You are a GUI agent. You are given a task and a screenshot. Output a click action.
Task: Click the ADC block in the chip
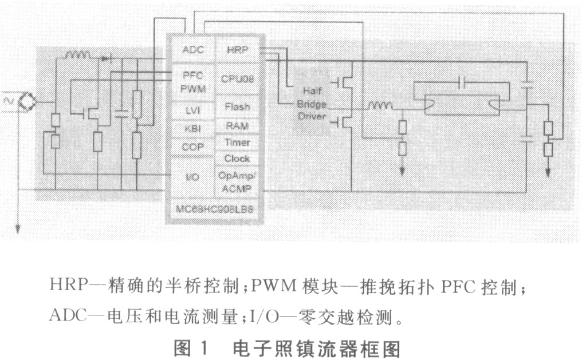(x=189, y=50)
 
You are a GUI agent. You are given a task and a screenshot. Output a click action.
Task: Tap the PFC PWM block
(x=190, y=81)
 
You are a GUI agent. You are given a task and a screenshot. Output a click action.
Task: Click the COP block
(x=190, y=147)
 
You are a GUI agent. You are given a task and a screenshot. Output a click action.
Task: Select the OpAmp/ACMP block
(x=235, y=182)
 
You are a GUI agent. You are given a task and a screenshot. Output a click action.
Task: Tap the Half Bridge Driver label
(x=312, y=104)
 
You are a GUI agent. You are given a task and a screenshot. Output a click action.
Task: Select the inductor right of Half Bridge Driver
(x=380, y=105)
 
